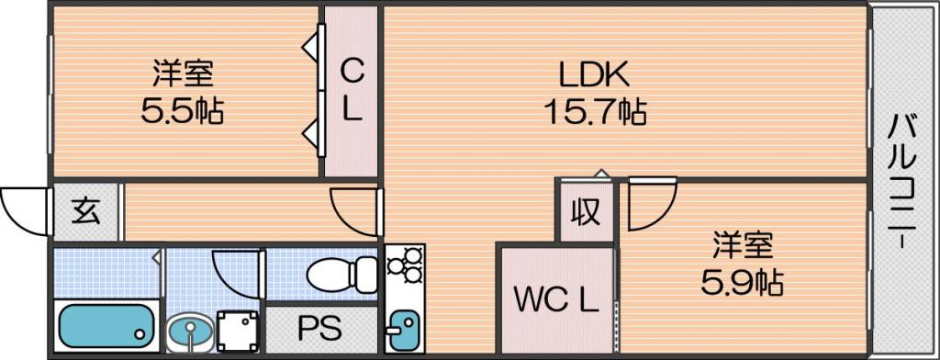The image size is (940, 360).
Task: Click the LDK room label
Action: click(x=594, y=75)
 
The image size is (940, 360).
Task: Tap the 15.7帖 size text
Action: click(x=595, y=112)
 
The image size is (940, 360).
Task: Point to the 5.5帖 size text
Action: click(x=183, y=110)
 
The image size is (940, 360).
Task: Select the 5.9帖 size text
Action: click(x=742, y=281)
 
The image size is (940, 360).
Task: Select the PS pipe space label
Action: click(x=320, y=328)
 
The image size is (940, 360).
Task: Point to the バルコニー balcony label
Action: click(x=902, y=179)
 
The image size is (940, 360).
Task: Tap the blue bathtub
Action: click(x=106, y=326)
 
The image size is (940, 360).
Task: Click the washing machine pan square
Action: click(x=240, y=331)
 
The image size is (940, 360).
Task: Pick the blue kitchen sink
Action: click(x=404, y=330)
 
